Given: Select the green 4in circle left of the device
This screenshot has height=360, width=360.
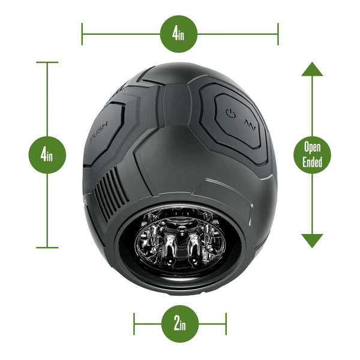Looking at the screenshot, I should [x=47, y=155].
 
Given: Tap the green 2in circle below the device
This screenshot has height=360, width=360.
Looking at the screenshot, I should [x=179, y=324].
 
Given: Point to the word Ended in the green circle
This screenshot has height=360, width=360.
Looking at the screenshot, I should [x=312, y=162].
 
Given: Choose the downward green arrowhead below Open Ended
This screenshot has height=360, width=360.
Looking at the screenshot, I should [x=312, y=241].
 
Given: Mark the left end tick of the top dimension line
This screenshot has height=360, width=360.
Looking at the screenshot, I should [x=82, y=33].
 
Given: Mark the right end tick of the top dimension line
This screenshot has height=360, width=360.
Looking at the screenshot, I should [x=278, y=33].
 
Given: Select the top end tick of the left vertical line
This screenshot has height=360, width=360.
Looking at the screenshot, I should [x=47, y=62].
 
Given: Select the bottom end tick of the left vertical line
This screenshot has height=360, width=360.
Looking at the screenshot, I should [x=47, y=247].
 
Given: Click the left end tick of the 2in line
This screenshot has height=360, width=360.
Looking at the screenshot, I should [x=134, y=324].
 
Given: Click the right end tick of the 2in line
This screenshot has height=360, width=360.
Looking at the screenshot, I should [x=226, y=324].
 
